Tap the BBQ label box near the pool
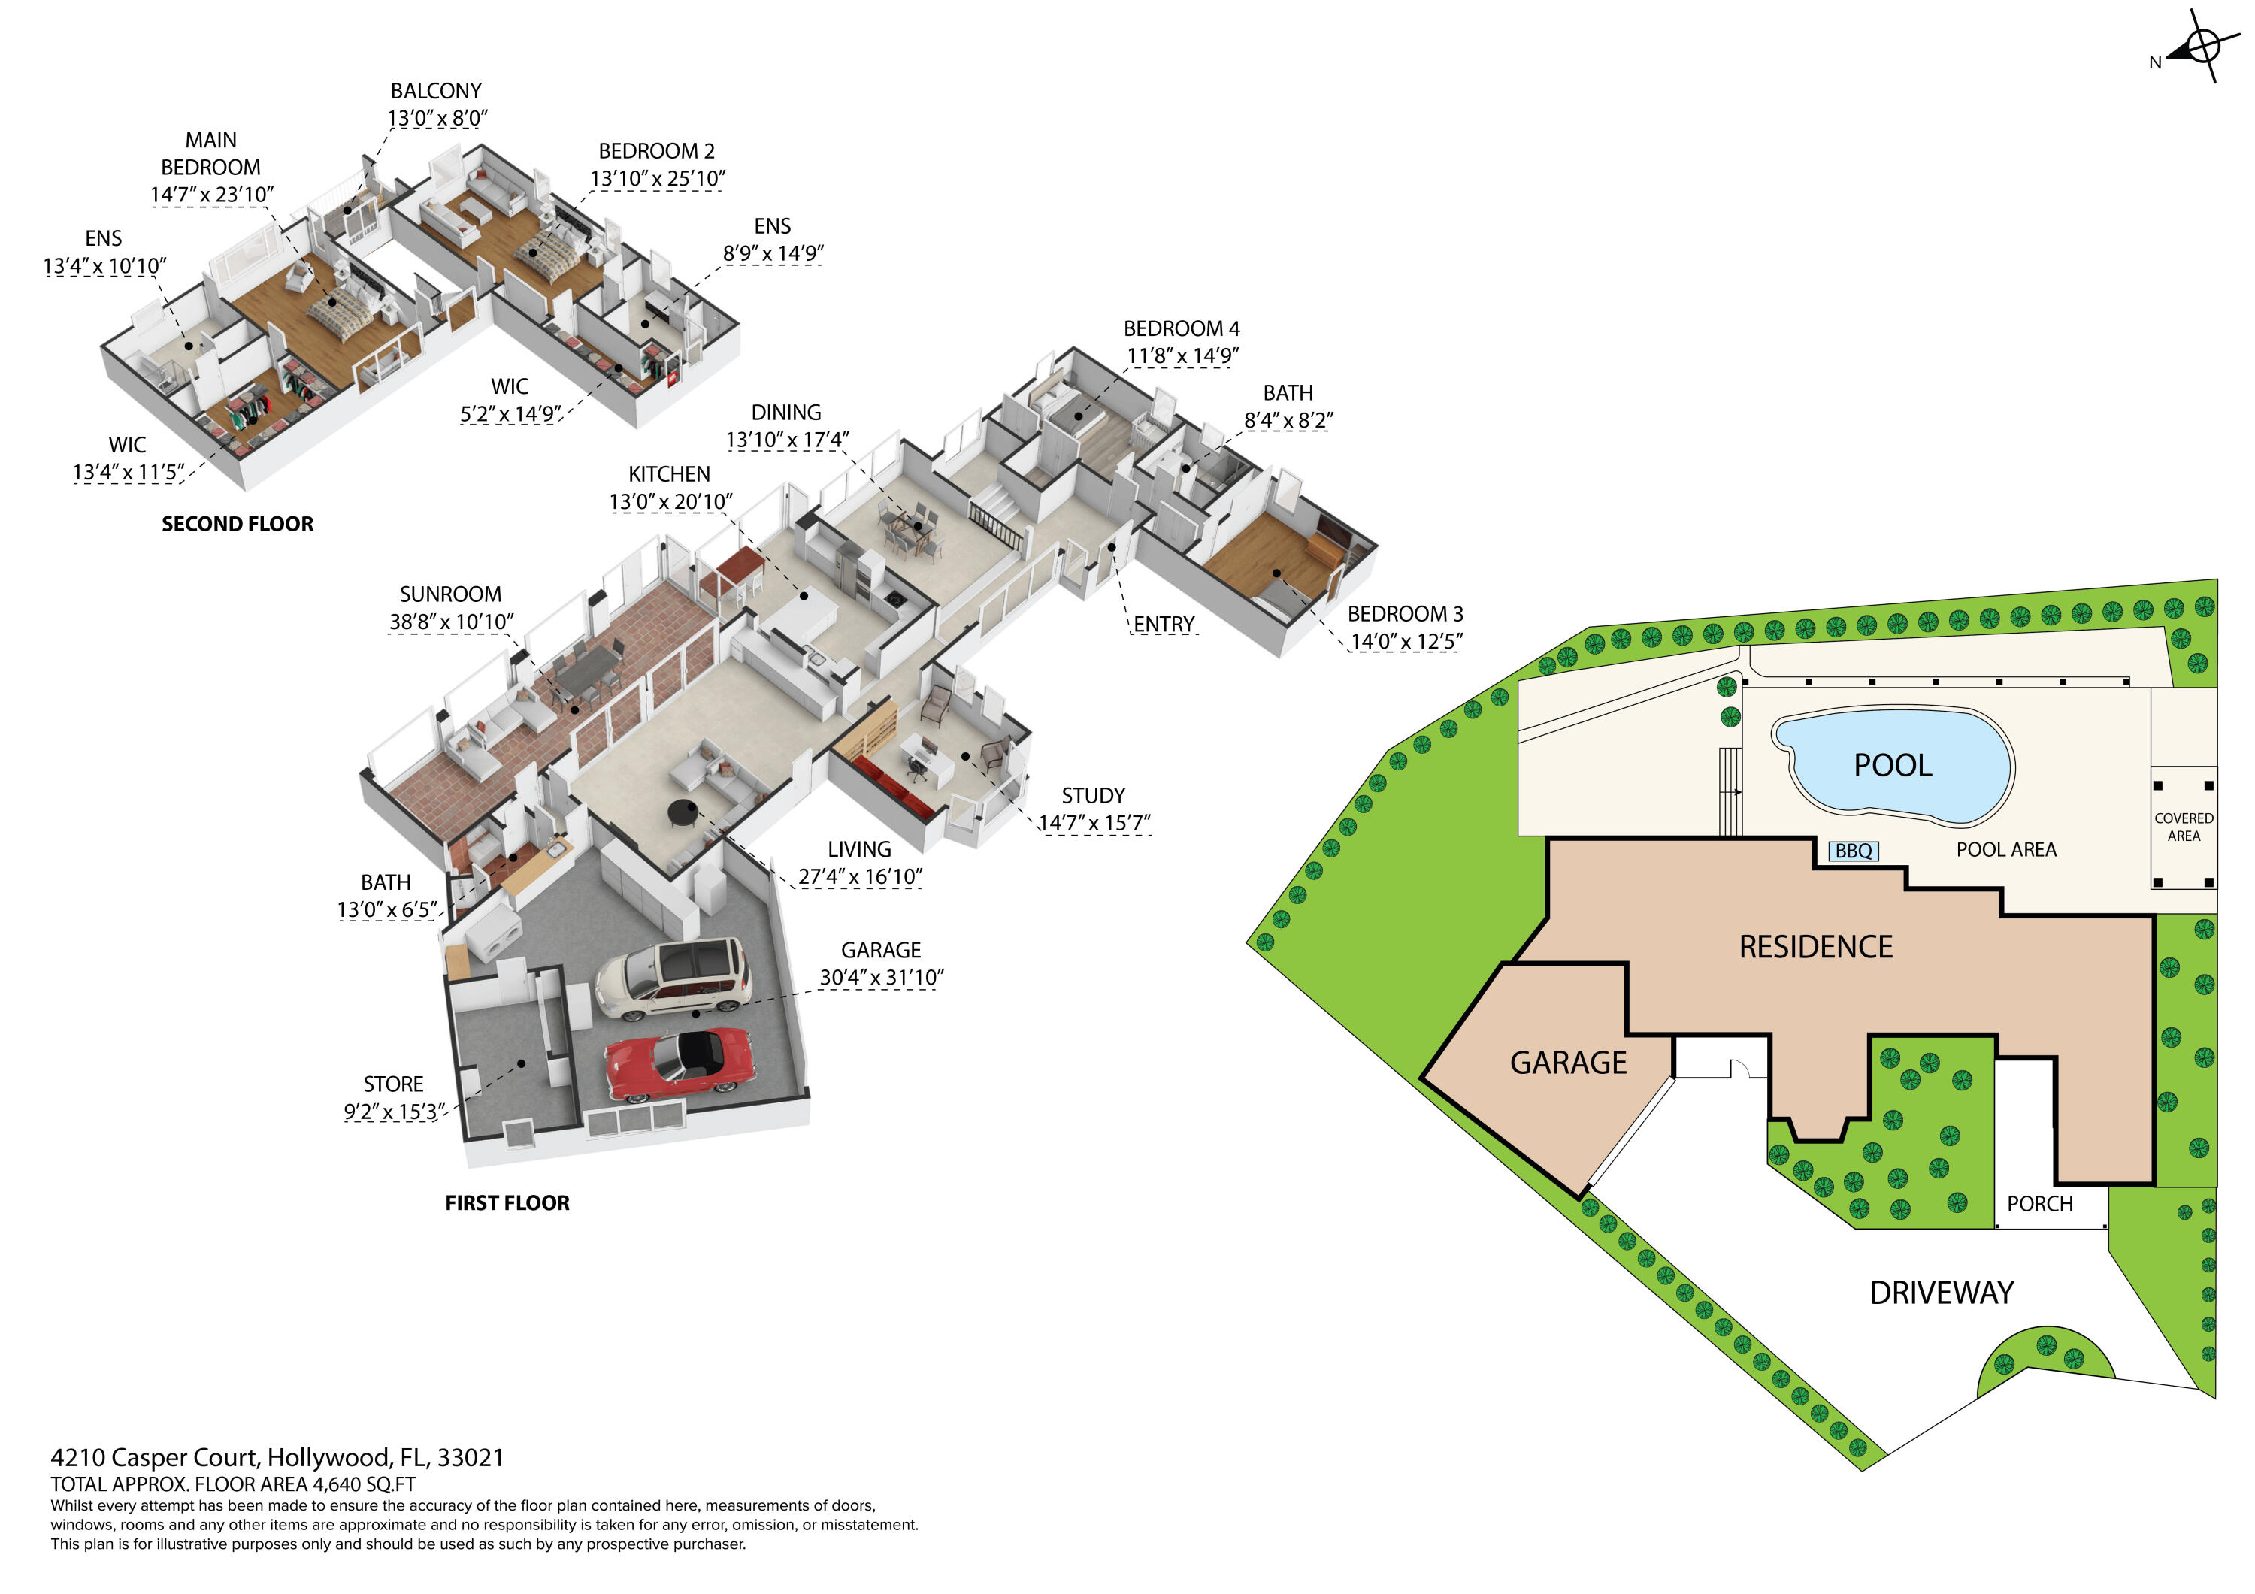click(1854, 851)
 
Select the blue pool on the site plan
click(1893, 764)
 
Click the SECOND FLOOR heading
click(238, 524)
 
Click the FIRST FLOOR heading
click(507, 1202)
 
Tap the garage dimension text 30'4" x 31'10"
click(881, 977)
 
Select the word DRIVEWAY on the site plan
click(1941, 1293)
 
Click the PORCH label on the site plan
click(2039, 1203)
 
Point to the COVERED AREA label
click(2184, 827)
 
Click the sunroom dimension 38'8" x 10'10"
click(451, 622)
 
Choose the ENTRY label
click(1164, 625)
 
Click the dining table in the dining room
click(912, 528)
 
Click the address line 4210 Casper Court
click(277, 1457)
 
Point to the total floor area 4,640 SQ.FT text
click(233, 1484)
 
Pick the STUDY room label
click(1092, 796)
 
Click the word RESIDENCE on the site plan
click(1815, 947)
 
